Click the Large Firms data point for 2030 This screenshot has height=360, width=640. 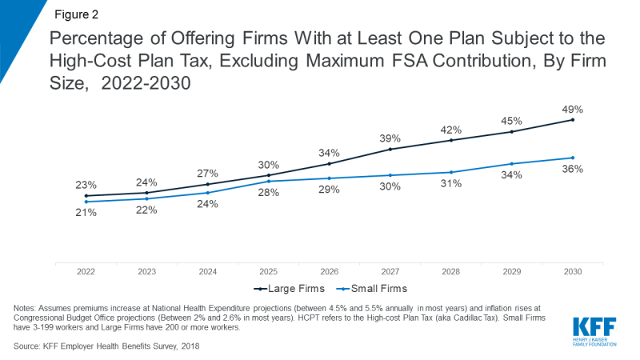(573, 120)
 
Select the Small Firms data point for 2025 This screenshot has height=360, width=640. (269, 182)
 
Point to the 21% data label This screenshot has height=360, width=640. (86, 213)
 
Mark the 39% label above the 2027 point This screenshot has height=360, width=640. (390, 138)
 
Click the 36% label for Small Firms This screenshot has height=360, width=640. (573, 170)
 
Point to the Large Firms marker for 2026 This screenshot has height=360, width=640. (330, 164)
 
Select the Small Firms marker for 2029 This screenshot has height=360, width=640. (512, 164)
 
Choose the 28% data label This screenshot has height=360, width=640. (269, 193)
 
